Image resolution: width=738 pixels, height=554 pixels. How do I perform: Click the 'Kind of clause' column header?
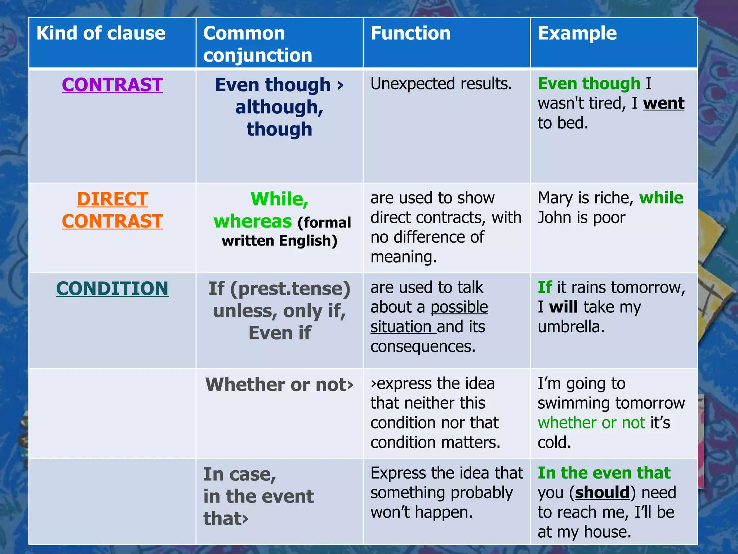(x=101, y=34)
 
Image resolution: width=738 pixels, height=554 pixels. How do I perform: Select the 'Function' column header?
(x=410, y=34)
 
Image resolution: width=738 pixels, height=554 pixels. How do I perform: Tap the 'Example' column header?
(x=577, y=34)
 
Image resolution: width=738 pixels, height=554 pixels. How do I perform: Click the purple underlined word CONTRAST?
(x=112, y=85)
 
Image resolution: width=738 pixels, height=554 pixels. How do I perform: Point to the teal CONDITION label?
(x=112, y=289)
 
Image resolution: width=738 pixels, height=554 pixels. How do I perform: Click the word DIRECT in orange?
(x=112, y=199)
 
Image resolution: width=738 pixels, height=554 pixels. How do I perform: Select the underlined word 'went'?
(x=664, y=104)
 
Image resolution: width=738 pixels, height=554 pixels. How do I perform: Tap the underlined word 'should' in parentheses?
(x=602, y=493)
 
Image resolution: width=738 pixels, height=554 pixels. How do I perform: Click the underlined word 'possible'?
(x=459, y=307)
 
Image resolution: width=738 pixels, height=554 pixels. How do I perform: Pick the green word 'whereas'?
(x=253, y=221)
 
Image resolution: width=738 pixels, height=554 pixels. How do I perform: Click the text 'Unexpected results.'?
(x=441, y=84)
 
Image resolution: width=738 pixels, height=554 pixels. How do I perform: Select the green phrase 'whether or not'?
(x=591, y=423)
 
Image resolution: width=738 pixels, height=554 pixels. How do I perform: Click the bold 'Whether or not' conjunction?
(x=276, y=384)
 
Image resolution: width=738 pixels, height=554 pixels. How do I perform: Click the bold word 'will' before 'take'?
(x=563, y=307)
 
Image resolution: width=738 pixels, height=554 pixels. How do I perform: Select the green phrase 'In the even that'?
(x=604, y=473)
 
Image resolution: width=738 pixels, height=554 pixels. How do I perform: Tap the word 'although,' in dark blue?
(x=279, y=107)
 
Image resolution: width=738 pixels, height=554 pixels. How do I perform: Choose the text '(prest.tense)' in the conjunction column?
(x=290, y=289)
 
